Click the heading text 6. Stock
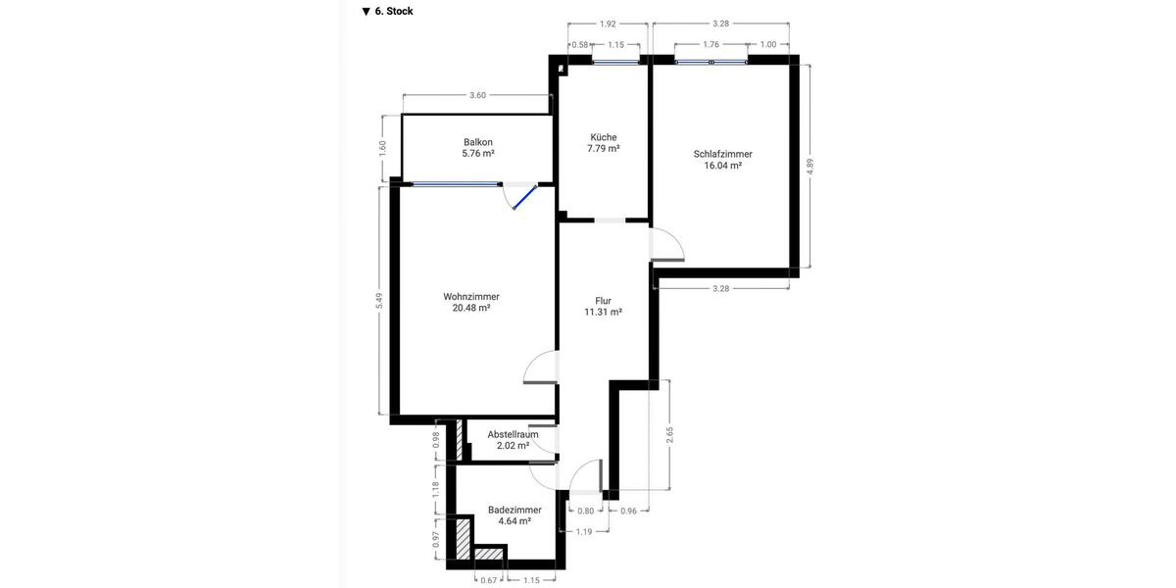point(394,12)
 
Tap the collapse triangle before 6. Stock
point(366,12)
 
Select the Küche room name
point(604,137)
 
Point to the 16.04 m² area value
point(722,166)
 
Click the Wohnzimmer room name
point(471,296)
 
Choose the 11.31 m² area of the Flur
point(603,313)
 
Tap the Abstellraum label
point(514,434)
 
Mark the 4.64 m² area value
point(514,522)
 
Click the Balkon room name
point(478,142)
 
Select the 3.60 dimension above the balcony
point(477,95)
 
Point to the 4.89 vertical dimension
point(810,167)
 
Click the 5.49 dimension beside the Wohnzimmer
point(379,302)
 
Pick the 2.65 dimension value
point(669,434)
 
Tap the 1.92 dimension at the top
point(608,24)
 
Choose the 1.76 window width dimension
point(712,44)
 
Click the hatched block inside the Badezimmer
point(464,538)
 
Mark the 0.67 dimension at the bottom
point(488,580)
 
